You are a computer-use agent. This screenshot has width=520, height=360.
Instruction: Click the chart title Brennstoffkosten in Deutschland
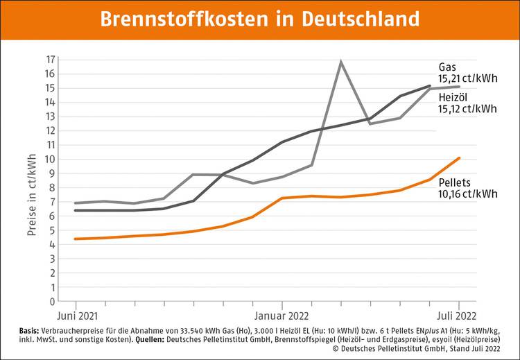[260, 19]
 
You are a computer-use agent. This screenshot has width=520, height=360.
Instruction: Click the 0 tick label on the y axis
[52, 302]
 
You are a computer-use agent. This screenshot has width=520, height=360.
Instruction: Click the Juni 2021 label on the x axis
[77, 315]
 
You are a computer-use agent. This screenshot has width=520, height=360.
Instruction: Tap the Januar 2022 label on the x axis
[282, 315]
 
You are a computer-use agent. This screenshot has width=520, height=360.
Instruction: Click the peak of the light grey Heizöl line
[341, 62]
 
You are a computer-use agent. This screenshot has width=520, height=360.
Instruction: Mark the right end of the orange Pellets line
[459, 158]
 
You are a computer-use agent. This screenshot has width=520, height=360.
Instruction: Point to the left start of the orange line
[75, 239]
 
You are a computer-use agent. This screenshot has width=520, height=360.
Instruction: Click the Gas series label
[447, 67]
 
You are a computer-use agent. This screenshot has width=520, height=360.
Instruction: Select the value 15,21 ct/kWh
[467, 79]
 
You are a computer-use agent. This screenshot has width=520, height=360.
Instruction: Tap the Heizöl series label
[454, 96]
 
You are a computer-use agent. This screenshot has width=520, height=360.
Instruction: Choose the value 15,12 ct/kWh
[467, 108]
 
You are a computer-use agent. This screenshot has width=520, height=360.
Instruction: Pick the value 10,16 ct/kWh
[467, 194]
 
